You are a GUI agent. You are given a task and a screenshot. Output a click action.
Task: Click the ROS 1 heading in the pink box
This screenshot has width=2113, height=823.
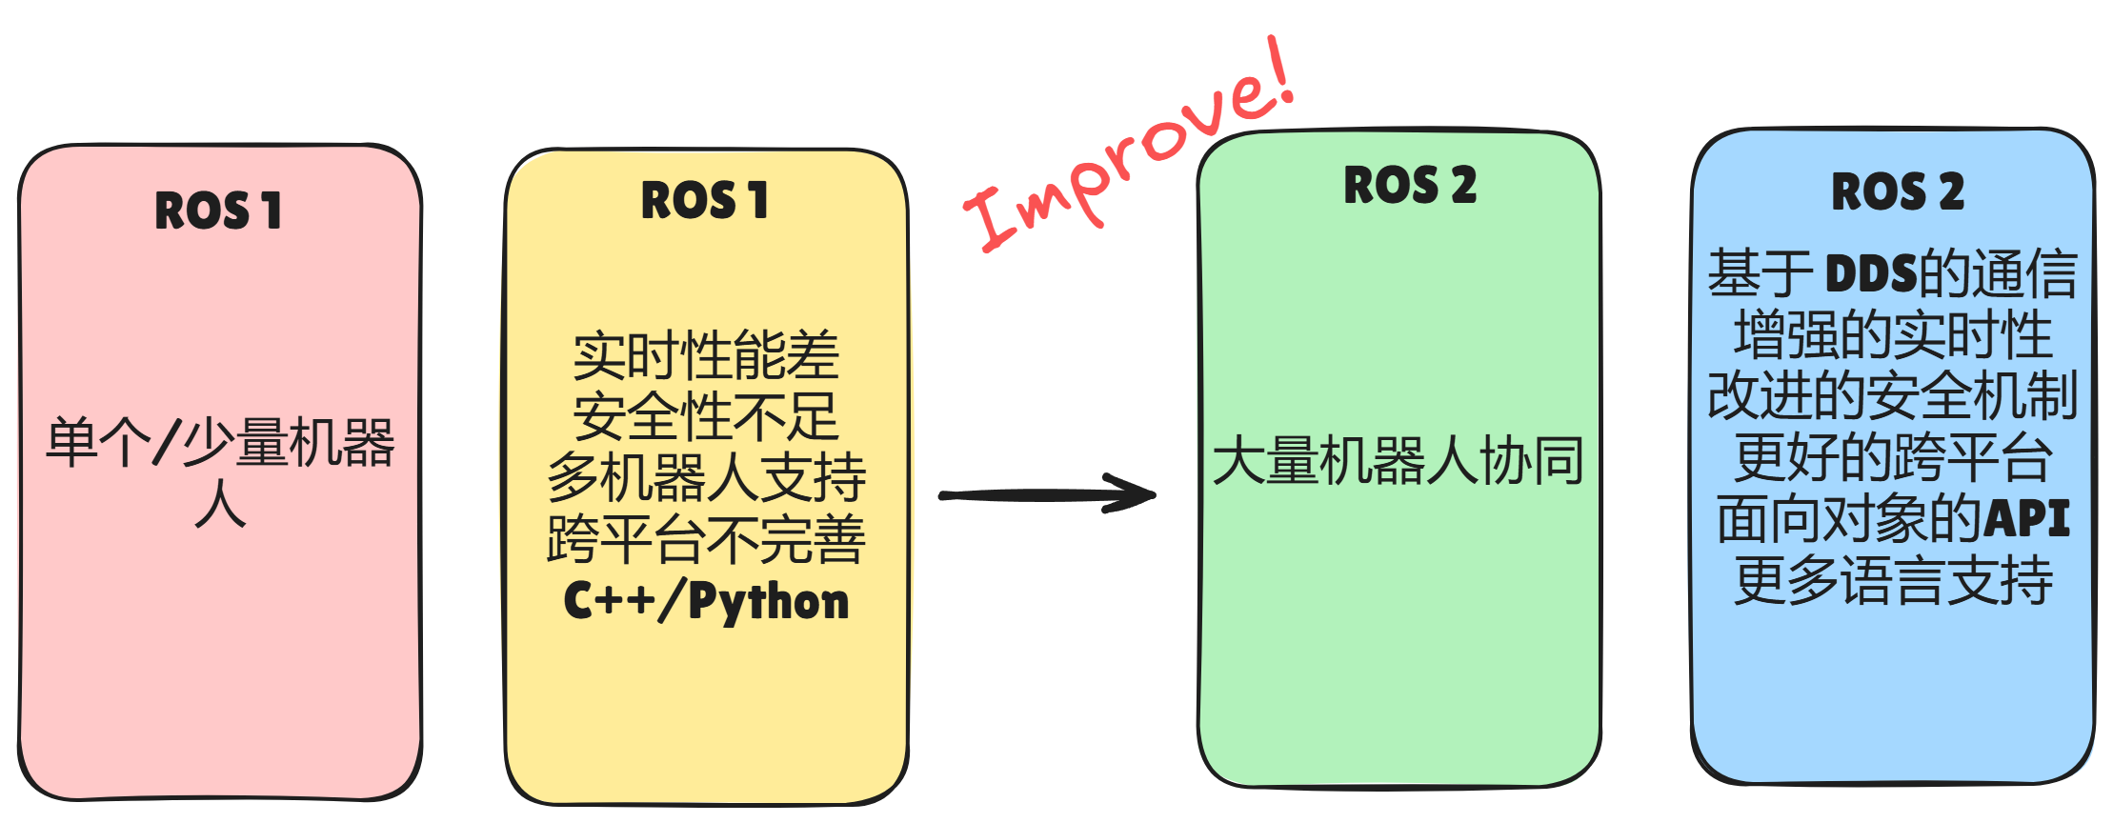pos(218,211)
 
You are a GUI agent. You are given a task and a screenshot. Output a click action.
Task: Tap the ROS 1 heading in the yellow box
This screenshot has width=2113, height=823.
pos(704,201)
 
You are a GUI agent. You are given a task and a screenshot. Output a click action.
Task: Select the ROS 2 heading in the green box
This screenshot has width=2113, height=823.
pos(1409,185)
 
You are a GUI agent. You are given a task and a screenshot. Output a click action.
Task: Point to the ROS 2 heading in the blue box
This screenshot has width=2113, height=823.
pos(1897,192)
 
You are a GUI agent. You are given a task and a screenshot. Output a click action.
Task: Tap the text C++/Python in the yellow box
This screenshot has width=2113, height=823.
pos(706,602)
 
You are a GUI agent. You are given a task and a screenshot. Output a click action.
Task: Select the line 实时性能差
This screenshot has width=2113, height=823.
pos(706,355)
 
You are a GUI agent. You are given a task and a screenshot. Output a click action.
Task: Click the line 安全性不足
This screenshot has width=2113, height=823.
pos(706,416)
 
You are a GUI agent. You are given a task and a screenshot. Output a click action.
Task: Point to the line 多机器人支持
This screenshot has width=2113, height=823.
pos(706,477)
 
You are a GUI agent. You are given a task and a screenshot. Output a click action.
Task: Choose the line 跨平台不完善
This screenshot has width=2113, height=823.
pos(706,539)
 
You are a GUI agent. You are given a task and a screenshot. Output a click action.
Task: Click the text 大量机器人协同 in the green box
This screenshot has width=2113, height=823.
pos(1398,461)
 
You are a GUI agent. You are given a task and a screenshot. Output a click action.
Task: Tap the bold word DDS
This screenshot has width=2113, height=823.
pos(1870,274)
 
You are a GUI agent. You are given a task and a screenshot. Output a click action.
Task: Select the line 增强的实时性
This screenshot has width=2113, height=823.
pos(1893,335)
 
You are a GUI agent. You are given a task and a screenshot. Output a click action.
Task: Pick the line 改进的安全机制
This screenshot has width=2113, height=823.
pos(1893,396)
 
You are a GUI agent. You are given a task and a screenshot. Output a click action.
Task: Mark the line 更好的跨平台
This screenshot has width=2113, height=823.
pos(1893,458)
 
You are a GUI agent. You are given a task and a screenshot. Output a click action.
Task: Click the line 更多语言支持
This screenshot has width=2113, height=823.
pos(1893,580)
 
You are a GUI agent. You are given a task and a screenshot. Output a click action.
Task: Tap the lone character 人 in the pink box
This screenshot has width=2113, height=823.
pos(220,504)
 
